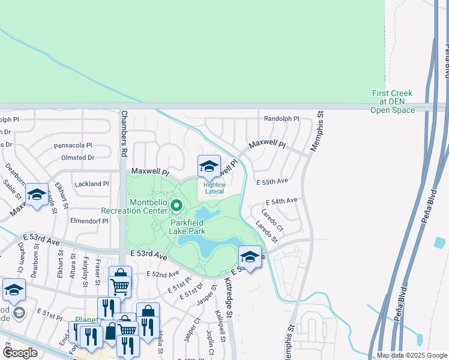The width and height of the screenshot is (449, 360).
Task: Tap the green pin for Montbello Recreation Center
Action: (x=176, y=206)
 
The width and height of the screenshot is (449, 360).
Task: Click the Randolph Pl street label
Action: (x=282, y=119)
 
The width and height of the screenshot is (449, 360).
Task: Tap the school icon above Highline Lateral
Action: (x=209, y=167)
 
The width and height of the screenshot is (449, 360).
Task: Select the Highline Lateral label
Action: (x=214, y=188)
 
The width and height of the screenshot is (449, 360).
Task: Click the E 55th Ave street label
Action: (x=272, y=181)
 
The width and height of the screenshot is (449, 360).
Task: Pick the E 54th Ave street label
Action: (x=281, y=201)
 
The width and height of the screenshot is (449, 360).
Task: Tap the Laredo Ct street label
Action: (x=272, y=220)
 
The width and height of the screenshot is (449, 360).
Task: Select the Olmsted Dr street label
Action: (x=78, y=158)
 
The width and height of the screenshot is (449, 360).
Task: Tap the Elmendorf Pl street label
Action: (x=88, y=221)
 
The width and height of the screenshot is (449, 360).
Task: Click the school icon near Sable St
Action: (x=36, y=194)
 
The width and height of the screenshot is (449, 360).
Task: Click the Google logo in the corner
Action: (x=20, y=353)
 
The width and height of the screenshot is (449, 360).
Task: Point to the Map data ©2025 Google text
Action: (x=411, y=355)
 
